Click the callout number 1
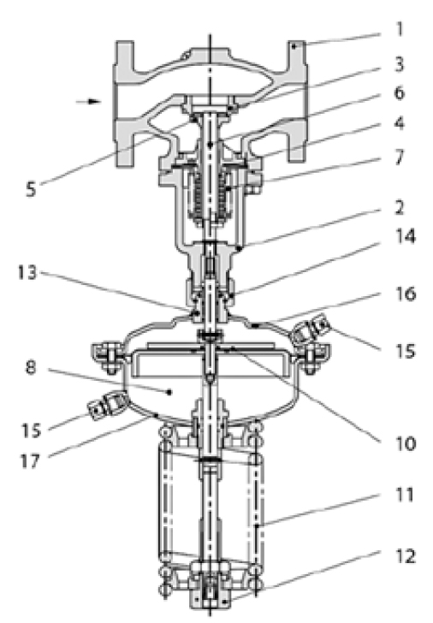tap(400, 29)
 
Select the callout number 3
tap(400, 64)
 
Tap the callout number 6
tap(400, 93)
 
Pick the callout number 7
tap(400, 157)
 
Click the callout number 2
tap(400, 207)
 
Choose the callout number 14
tap(406, 236)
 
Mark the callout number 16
tap(406, 294)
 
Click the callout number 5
tap(31, 189)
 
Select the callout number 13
tap(27, 272)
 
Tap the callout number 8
tap(31, 367)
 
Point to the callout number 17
tap(30, 461)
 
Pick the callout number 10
tap(406, 443)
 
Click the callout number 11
tap(405, 495)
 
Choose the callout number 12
tap(406, 556)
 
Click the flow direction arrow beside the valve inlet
tap(88, 101)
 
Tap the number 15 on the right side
tap(406, 351)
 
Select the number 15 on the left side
tap(31, 430)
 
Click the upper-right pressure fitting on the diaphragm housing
tap(311, 329)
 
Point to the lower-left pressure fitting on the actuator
tap(107, 405)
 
